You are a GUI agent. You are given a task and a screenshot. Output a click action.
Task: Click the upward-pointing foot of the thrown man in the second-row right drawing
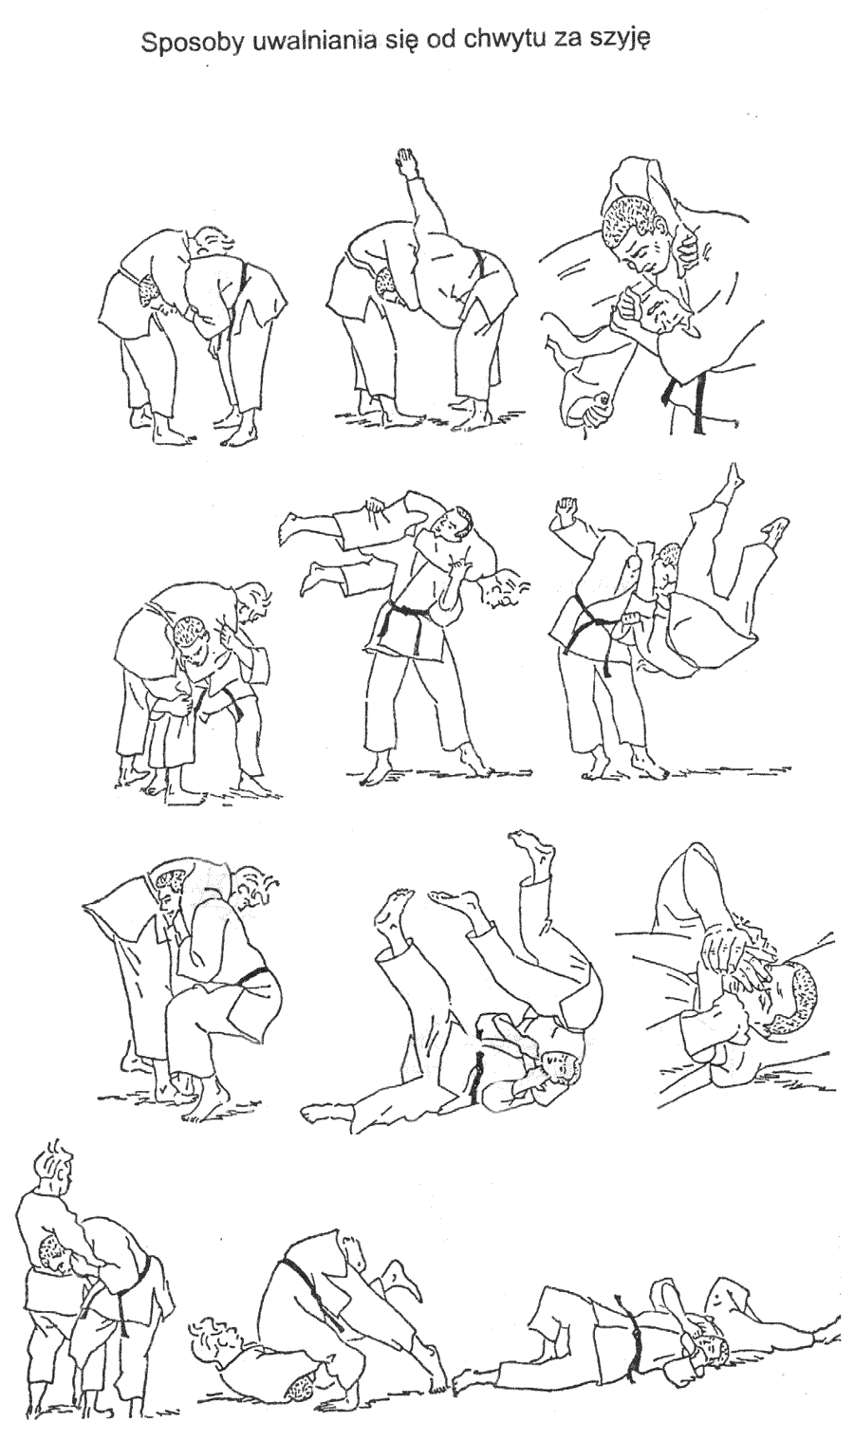[733, 478]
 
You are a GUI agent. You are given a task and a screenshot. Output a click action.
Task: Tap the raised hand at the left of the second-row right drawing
[566, 511]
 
